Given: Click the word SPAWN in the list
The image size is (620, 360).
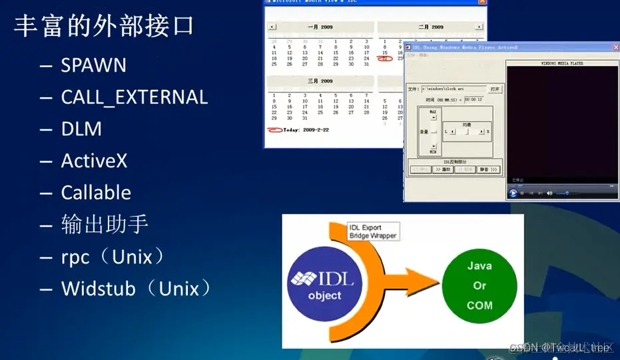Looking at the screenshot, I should pyautogui.click(x=94, y=65).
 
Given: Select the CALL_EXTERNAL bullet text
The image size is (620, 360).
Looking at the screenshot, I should pyautogui.click(x=135, y=97).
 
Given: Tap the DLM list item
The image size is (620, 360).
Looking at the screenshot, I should pyautogui.click(x=81, y=129).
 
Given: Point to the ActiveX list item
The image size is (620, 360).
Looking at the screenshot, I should pyautogui.click(x=94, y=161).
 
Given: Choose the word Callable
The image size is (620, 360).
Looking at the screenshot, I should pyautogui.click(x=96, y=193).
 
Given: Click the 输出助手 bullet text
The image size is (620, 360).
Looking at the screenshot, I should pyautogui.click(x=104, y=224).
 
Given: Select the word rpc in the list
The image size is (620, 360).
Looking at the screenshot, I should pyautogui.click(x=75, y=257).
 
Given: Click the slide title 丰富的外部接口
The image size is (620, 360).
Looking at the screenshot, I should pyautogui.click(x=105, y=27).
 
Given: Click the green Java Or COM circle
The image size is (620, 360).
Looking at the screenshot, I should pyautogui.click(x=479, y=285).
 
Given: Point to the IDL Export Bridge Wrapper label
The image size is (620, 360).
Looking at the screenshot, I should pyautogui.click(x=373, y=232).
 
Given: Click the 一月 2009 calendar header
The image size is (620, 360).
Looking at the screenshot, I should pyautogui.click(x=319, y=27).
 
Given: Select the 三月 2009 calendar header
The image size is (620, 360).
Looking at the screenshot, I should pyautogui.click(x=319, y=81).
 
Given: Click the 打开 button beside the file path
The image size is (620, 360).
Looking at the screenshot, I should pyautogui.click(x=495, y=89).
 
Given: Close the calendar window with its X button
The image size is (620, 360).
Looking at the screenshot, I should pyautogui.click(x=481, y=3).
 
